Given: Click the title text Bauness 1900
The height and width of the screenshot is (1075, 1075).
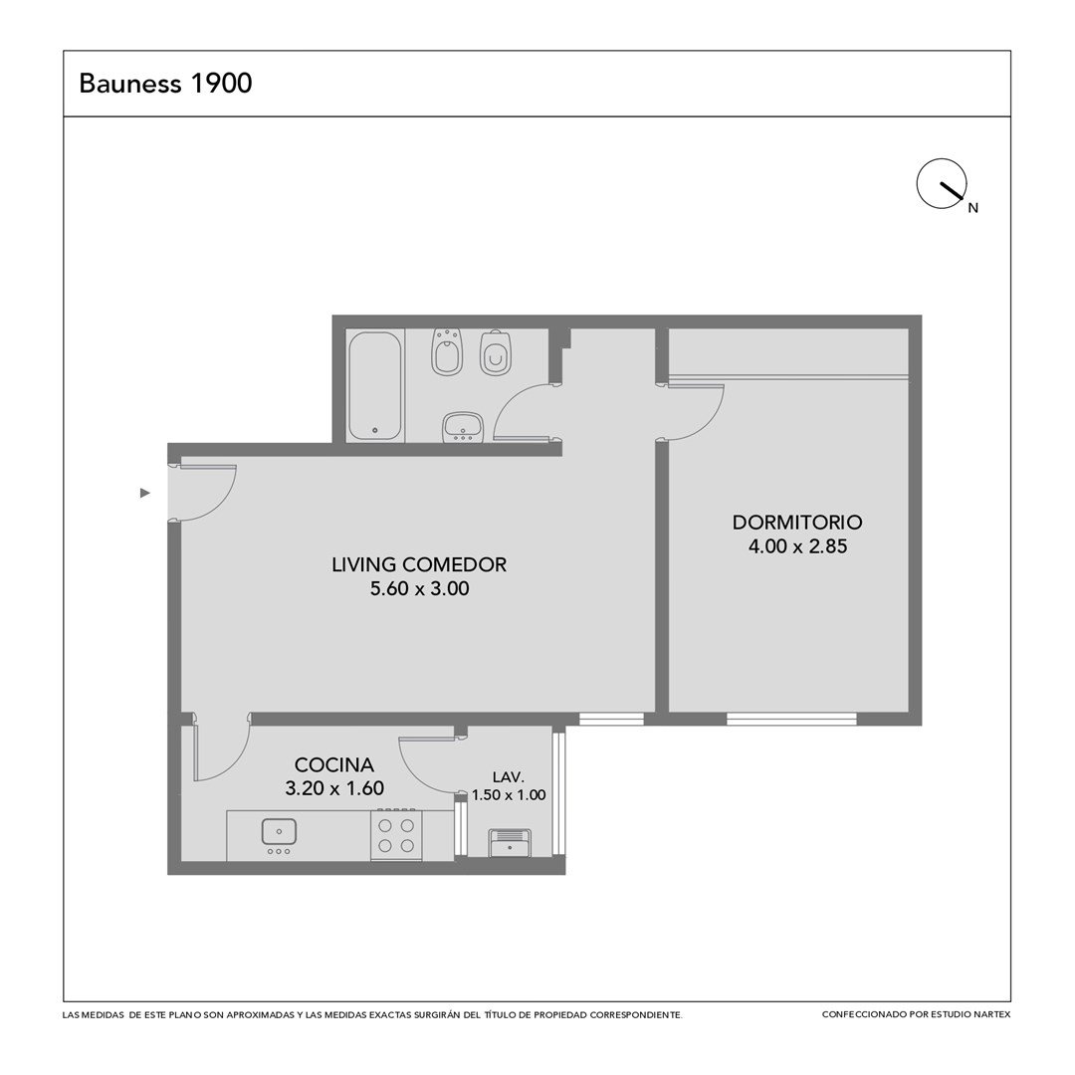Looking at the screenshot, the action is pos(165,83).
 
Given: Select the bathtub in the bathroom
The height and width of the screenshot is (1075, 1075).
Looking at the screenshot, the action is pos(374,386).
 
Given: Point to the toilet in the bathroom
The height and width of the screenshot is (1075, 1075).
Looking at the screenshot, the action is pos(497,352).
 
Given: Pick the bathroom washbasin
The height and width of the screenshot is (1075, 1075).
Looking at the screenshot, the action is pos(464,426).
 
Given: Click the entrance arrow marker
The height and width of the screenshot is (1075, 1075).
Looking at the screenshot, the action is pos(144,493).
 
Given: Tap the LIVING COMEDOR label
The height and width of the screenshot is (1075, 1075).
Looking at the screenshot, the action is pos(419,564).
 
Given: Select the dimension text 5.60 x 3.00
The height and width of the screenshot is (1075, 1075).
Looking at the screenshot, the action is pos(420,588).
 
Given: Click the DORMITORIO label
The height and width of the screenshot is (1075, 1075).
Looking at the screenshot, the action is pos(797,522).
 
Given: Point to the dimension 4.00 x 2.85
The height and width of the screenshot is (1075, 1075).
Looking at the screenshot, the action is pos(797,546).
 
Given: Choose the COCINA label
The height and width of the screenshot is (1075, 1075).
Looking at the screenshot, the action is pos(333,764).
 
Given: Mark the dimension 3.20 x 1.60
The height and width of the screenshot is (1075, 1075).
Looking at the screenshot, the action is pos(334,788).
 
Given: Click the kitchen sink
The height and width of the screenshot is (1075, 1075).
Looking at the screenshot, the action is pos(279,832).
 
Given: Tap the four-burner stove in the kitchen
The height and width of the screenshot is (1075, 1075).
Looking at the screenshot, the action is pos(396,835).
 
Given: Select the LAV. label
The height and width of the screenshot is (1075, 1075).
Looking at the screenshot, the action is pos(508,776).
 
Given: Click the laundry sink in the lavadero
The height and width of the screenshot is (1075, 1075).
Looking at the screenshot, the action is pos(510,843).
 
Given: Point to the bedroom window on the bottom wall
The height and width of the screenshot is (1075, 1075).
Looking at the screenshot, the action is pos(792,719).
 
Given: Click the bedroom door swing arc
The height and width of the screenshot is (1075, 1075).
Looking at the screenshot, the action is pos(706,422).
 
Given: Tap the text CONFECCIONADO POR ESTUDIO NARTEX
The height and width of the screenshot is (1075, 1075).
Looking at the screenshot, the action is pos(916,1014).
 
